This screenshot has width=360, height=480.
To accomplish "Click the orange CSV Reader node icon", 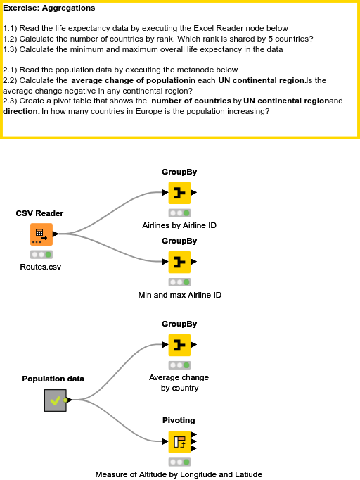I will point(41,234).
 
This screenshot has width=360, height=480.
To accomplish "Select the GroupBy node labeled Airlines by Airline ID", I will point(179,192).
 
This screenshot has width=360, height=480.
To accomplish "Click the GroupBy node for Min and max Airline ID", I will point(179,262).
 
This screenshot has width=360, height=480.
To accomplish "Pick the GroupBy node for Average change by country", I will point(179,345).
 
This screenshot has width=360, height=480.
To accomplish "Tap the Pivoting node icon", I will point(179,441).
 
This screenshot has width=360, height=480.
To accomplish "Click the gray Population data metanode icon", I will point(55,400).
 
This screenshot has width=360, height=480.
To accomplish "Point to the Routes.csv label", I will point(41,267).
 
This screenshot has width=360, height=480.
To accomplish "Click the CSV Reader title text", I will point(40,213).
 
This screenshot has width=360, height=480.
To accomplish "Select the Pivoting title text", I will point(179,420).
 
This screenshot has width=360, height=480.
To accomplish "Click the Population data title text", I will point(53,379).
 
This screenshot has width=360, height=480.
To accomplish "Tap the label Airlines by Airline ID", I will point(179,225).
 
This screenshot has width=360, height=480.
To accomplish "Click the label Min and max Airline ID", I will point(179,295).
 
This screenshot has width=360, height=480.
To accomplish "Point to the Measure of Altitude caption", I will point(179,474).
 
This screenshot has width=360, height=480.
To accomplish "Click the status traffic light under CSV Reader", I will point(41,254).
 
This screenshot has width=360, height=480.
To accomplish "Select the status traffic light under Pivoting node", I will point(179,462).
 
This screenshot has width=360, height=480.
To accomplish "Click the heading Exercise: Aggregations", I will point(49,8).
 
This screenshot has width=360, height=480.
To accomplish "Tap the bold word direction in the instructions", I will point(21,111).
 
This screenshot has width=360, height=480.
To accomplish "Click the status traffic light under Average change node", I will point(179,365).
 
